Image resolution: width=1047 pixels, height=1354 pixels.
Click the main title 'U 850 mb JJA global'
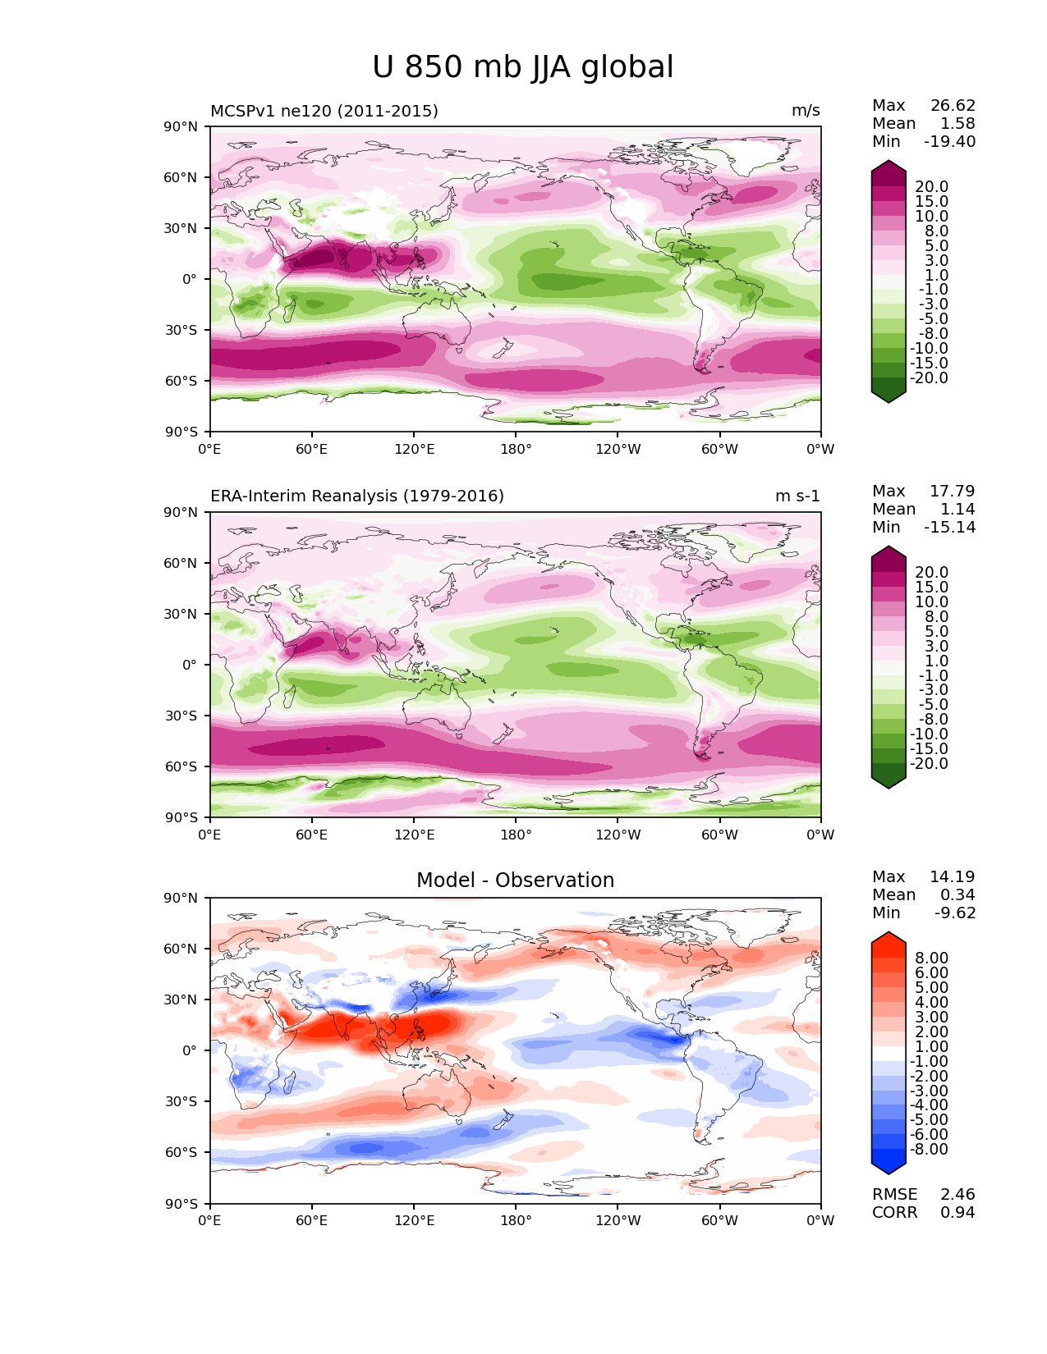point(522,67)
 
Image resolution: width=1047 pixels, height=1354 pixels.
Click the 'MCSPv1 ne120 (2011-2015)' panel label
point(324,111)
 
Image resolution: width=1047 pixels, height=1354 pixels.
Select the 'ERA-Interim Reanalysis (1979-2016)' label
point(357,496)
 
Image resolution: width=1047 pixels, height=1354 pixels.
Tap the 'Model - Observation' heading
point(515,881)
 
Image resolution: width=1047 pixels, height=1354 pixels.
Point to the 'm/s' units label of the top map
point(806,111)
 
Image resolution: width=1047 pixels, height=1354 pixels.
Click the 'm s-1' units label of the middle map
point(797,496)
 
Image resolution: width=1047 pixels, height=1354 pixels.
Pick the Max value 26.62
point(953,106)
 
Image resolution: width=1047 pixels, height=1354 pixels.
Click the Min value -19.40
point(949,142)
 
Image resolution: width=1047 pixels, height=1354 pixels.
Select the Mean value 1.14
point(957,510)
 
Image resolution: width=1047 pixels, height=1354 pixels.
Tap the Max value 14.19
point(953,877)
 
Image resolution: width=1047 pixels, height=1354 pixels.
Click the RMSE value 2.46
point(957,1195)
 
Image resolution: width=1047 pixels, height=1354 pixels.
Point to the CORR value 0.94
point(957,1213)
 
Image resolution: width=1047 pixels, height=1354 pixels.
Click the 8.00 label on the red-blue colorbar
point(931,958)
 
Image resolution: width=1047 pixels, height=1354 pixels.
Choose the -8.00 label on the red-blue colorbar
point(929,1150)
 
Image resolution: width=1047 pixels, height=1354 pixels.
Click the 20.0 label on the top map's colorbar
point(931,187)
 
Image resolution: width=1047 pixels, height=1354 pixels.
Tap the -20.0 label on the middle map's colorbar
point(929,764)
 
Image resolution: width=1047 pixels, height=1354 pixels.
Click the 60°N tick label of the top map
point(181,177)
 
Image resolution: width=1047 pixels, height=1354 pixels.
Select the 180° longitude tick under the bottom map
point(516,1221)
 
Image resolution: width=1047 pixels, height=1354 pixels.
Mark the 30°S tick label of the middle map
point(181,716)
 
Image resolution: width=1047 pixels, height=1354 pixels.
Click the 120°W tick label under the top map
point(618,450)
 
